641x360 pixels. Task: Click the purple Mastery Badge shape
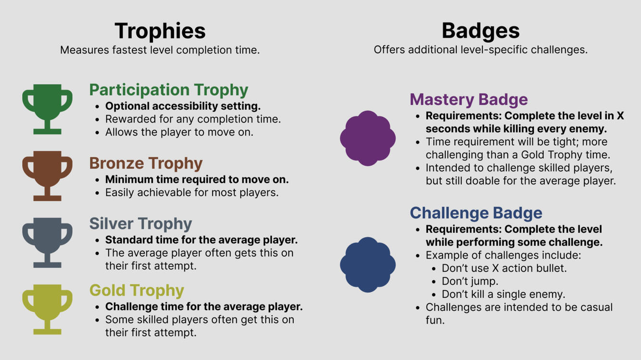(368, 138)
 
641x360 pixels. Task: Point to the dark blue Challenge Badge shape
(368, 265)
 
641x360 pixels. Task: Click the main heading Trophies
(160, 31)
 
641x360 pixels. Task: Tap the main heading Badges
(480, 31)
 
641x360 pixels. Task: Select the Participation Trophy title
(169, 90)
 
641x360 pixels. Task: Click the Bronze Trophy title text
(146, 163)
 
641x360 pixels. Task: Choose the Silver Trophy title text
(140, 223)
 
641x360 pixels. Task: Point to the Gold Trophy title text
(137, 290)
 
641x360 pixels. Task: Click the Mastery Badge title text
(469, 99)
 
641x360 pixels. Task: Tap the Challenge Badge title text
(476, 213)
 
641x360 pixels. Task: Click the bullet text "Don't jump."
(470, 281)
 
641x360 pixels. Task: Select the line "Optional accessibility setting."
(183, 106)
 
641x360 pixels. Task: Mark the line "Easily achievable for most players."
(192, 192)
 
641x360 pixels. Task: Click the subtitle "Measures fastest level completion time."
(160, 50)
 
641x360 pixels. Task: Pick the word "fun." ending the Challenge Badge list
(435, 320)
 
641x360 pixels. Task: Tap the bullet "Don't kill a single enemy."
(503, 294)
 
